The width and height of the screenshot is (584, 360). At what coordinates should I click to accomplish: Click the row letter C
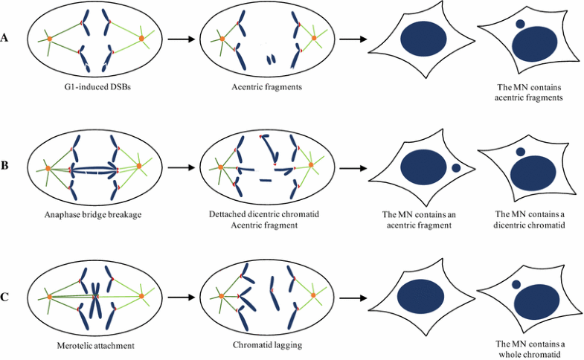(6, 298)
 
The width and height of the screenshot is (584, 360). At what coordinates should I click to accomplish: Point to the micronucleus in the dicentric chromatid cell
(521, 151)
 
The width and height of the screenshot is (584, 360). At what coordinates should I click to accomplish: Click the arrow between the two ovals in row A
(177, 39)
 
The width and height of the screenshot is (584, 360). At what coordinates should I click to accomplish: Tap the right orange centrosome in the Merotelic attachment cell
(141, 297)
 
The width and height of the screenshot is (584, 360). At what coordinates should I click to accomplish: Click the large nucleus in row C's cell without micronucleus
(423, 298)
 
